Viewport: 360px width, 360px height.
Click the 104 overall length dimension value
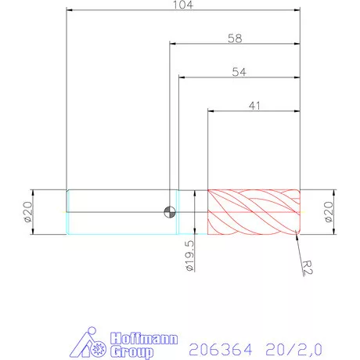(184, 5)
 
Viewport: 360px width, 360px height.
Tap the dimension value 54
(240, 71)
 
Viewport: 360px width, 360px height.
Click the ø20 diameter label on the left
(27, 212)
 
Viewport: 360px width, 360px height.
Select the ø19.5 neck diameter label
(189, 256)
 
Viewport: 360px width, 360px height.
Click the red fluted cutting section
(254, 212)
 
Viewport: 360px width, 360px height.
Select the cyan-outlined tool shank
(117, 212)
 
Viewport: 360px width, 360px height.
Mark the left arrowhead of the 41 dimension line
(211, 111)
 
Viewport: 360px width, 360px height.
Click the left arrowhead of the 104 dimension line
(70, 11)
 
